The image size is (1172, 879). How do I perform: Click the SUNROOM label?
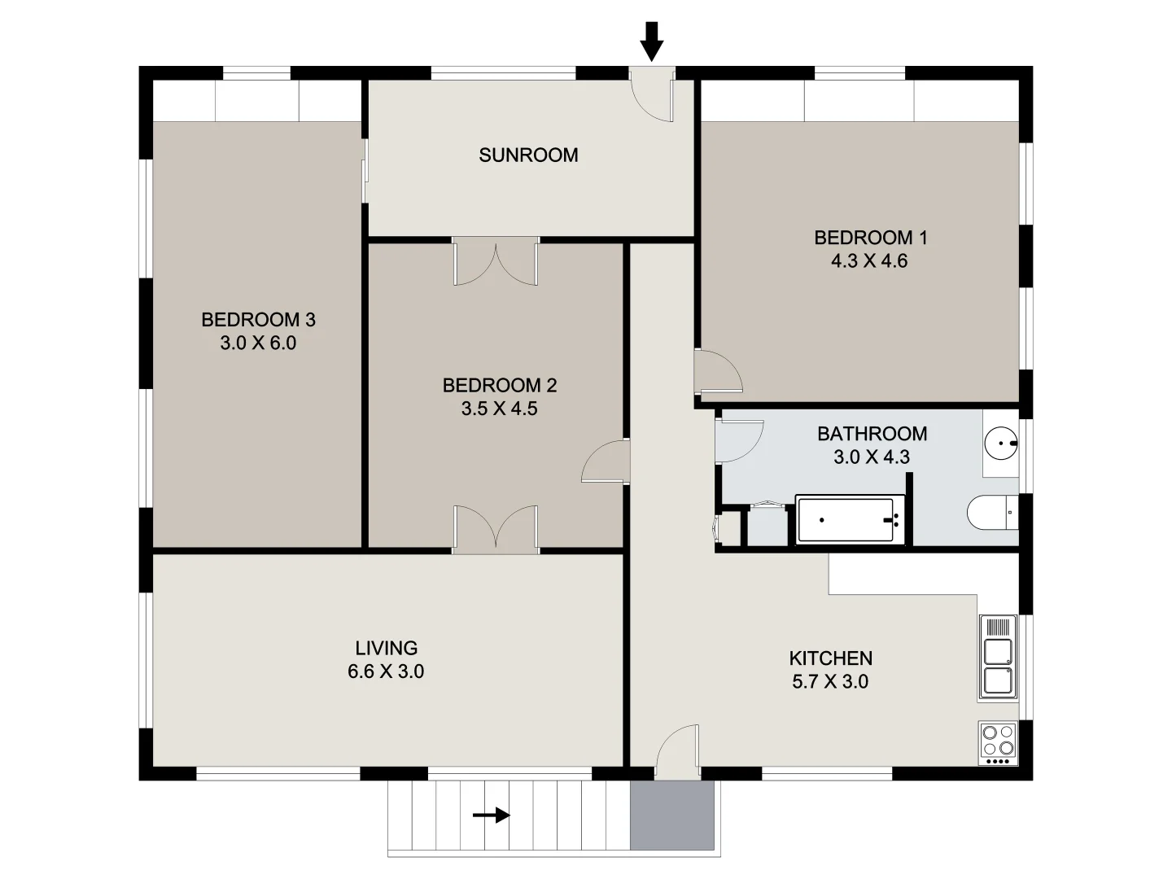coord(528,155)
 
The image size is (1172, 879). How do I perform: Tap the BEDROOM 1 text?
coord(870,238)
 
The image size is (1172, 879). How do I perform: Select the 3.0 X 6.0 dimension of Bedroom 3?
coord(258,343)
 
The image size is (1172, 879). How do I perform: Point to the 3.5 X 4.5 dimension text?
coord(499,409)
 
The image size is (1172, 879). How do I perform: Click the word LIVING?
coord(387,648)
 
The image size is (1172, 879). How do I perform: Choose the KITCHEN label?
coord(830,658)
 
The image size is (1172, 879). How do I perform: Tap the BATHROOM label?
coord(872,434)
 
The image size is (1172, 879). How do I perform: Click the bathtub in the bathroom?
coord(851,519)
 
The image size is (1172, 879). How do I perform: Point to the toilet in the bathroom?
coord(991,513)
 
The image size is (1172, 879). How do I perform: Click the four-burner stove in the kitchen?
coord(998,743)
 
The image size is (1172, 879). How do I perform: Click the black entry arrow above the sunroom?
coord(651,41)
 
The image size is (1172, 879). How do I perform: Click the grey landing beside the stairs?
coord(672,816)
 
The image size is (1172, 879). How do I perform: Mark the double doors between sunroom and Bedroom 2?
coord(496,262)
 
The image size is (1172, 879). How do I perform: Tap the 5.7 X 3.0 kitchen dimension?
coord(830,681)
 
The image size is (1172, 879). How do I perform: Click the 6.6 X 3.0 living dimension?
coord(386,671)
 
